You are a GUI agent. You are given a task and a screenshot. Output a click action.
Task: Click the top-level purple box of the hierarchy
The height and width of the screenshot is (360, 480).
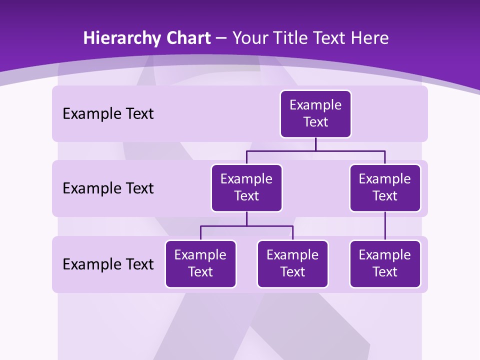pyautogui.click(x=315, y=114)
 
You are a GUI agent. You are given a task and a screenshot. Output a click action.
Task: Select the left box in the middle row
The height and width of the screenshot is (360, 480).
pyautogui.click(x=246, y=188)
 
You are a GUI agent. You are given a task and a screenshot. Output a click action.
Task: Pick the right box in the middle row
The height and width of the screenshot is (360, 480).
pyautogui.click(x=385, y=188)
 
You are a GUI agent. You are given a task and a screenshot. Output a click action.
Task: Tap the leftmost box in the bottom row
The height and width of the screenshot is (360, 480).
pyautogui.click(x=200, y=264)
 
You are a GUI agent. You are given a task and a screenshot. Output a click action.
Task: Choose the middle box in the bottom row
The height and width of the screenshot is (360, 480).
pyautogui.click(x=292, y=264)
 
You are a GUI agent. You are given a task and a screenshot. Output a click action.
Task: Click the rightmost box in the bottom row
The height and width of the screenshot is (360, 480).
pyautogui.click(x=385, y=264)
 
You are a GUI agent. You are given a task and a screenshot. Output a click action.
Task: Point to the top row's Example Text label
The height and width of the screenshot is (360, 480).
pyautogui.click(x=108, y=114)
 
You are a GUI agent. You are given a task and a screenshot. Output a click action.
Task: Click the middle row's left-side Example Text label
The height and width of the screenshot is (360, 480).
pyautogui.click(x=108, y=188)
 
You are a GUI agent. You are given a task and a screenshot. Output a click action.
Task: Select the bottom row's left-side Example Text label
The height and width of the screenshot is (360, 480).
pyautogui.click(x=108, y=264)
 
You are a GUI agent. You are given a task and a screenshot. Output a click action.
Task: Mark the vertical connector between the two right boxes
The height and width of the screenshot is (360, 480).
pyautogui.click(x=385, y=226)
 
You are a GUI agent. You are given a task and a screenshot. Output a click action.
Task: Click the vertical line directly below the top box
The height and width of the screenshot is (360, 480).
pyautogui.click(x=315, y=144)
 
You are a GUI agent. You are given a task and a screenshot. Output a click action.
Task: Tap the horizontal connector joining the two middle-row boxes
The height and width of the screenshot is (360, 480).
pyautogui.click(x=315, y=150)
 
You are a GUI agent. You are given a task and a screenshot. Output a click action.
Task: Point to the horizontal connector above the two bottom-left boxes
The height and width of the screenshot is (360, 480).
pyautogui.click(x=246, y=226)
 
